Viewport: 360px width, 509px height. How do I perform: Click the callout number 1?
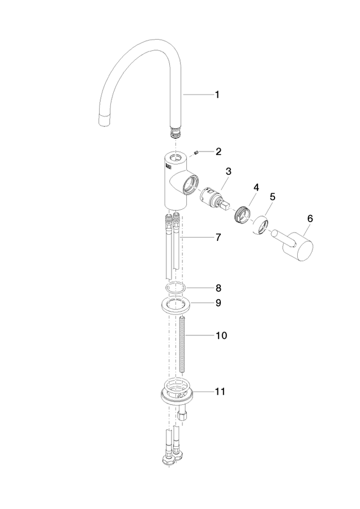(x=217, y=95)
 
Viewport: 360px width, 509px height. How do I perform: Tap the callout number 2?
(x=218, y=151)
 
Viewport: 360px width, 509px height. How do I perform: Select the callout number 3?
(x=229, y=171)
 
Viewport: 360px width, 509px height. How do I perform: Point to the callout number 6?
(x=310, y=218)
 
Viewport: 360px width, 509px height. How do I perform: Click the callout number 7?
(x=218, y=238)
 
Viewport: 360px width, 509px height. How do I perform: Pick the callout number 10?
(x=221, y=335)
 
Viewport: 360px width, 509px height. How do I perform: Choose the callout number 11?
(x=220, y=391)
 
